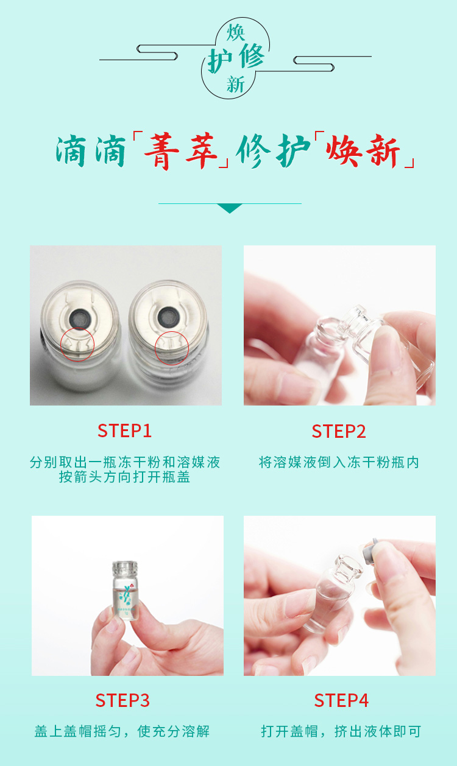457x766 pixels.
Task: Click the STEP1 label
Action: click(x=124, y=430)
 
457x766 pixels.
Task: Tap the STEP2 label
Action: click(x=339, y=431)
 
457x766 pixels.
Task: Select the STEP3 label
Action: click(x=122, y=700)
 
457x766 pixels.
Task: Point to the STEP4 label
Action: click(x=341, y=700)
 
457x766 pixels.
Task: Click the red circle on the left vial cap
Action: click(x=77, y=344)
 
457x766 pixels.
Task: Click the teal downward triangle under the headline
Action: click(x=230, y=208)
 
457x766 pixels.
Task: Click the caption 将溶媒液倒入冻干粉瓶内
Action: click(x=339, y=462)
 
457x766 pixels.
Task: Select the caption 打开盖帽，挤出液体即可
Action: click(x=341, y=731)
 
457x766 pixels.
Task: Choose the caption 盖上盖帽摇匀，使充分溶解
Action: click(x=122, y=731)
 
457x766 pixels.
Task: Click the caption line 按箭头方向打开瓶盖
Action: click(x=124, y=477)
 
